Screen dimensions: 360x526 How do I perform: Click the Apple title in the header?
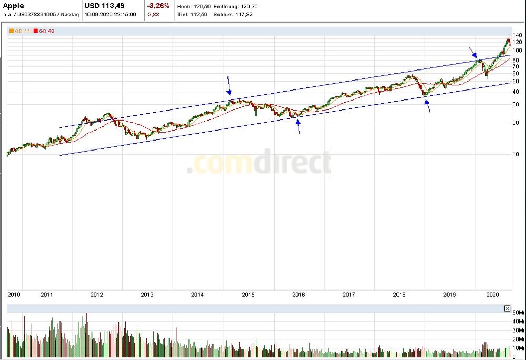pos(13,6)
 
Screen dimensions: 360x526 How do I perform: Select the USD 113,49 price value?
pos(104,6)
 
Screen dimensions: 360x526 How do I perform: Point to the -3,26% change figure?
pos(158,6)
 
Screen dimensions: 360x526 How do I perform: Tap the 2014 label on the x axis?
pos(197,295)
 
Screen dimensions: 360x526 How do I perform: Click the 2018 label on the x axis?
pos(399,295)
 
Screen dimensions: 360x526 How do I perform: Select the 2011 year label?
pos(47,295)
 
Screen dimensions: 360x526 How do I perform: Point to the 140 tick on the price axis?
pos(517,35)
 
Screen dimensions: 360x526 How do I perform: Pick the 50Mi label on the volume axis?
pos(518,313)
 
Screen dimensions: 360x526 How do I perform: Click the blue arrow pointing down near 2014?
pos(229,86)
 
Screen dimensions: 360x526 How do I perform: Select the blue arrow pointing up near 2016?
pos(298,126)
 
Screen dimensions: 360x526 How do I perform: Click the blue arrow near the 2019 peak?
pos(473,52)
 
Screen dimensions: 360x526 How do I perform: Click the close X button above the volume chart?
pos(507,308)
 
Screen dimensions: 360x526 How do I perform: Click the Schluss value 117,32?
pos(245,14)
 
